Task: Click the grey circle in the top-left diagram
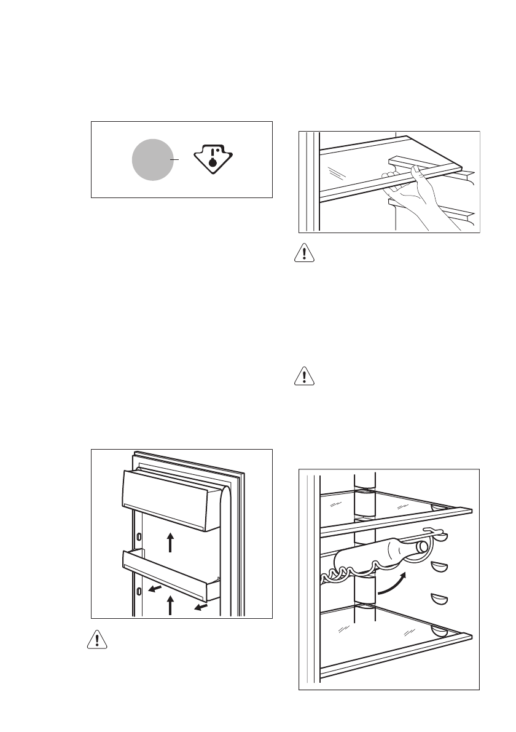point(153,159)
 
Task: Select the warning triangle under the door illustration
point(96,640)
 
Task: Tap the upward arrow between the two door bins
point(171,543)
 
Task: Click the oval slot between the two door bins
point(139,536)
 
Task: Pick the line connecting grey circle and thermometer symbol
point(178,159)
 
